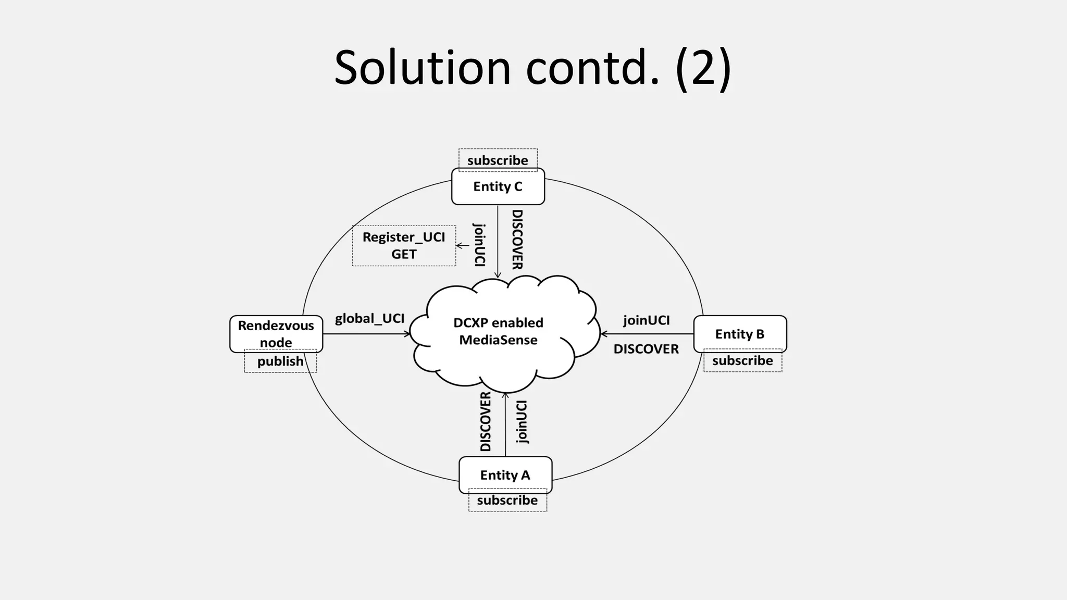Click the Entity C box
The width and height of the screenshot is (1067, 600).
click(498, 186)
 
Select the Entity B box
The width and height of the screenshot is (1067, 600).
click(740, 334)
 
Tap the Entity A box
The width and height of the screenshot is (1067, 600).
click(505, 475)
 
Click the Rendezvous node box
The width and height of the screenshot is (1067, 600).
click(276, 333)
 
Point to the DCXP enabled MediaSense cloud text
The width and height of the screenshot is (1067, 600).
click(499, 331)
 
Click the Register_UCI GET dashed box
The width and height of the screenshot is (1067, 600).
click(404, 245)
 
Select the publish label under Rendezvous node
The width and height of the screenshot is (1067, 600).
click(280, 361)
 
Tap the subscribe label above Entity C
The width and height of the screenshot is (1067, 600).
click(498, 160)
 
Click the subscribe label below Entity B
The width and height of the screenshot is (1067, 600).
click(742, 361)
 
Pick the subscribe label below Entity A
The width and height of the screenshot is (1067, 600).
click(507, 501)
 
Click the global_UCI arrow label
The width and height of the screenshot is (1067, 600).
click(369, 318)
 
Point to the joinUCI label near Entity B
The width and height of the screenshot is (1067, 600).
click(646, 320)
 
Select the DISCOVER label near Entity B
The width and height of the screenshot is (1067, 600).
click(646, 349)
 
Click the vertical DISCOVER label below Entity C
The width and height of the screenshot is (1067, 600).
click(517, 240)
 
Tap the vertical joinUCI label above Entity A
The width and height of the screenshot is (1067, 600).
click(522, 422)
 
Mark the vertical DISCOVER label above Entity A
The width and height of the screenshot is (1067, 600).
click(486, 422)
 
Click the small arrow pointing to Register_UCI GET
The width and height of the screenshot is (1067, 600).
click(463, 245)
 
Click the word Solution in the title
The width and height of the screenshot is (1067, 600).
click(423, 68)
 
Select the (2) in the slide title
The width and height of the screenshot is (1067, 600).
click(703, 68)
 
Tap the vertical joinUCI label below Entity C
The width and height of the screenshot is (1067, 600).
click(479, 245)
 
